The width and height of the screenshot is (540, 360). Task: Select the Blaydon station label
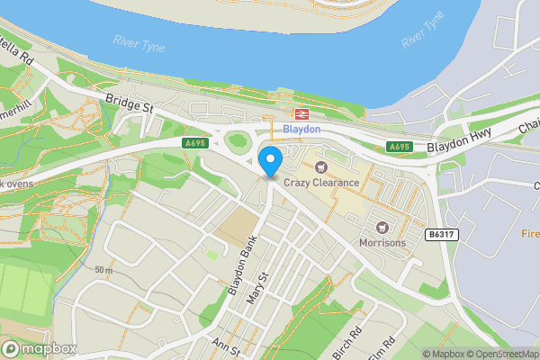pos(301,130)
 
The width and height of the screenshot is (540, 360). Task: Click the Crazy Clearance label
pos(321,183)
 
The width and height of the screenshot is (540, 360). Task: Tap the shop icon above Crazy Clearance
pos(321,166)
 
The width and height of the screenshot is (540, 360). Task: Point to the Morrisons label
pos(382,242)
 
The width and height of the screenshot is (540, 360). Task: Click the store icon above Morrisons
pos(382,226)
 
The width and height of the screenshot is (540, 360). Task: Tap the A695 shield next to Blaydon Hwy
pos(399,147)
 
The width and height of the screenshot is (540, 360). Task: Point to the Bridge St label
pos(130,105)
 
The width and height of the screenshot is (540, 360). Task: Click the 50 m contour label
pos(103,270)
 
